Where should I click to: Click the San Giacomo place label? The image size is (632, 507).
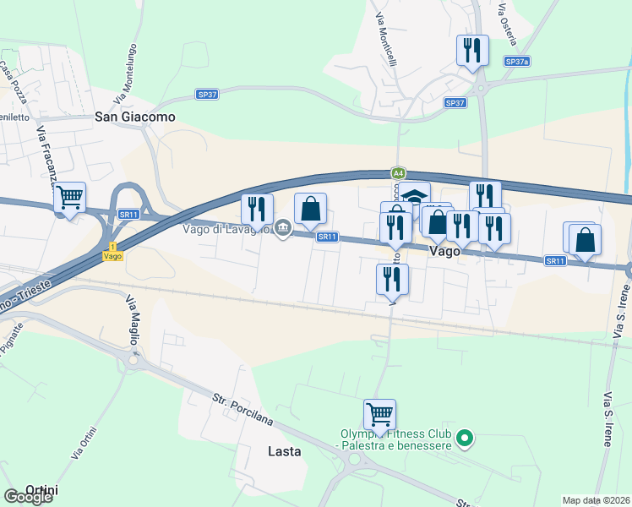click(135, 117)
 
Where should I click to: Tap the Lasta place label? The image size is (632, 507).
click(284, 451)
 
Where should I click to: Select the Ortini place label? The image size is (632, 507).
click(41, 489)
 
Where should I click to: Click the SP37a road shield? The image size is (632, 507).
click(516, 62)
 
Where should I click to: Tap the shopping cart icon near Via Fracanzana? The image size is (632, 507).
click(70, 199)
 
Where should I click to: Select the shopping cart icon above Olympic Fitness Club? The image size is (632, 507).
click(380, 415)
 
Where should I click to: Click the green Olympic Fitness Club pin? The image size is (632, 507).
click(463, 439)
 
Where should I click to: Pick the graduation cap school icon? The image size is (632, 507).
click(414, 197)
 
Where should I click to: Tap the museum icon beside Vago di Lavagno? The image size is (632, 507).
click(283, 227)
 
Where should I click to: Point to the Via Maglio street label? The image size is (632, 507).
click(133, 319)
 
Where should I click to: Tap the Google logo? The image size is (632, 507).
click(28, 497)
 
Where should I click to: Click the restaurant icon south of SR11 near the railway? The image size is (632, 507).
click(392, 279)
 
